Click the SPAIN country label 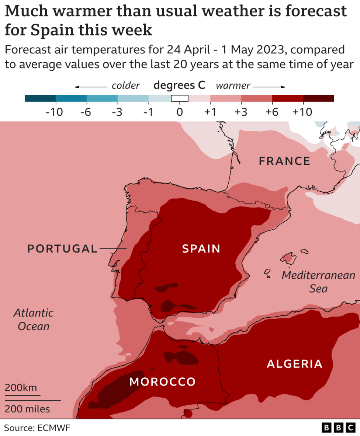point(201,249)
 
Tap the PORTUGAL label point(62,249)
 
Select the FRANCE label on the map point(284,161)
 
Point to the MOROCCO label point(162,382)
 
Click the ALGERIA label point(294,364)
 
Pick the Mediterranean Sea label point(318,281)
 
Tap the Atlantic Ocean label point(34,320)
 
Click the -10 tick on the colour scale point(54,112)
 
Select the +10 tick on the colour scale point(302,112)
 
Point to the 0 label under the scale point(180,112)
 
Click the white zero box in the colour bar point(180,98)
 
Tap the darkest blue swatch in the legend point(40,98)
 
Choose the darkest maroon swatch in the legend point(318,98)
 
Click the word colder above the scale point(126,86)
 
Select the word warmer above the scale point(233,86)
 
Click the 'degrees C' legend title point(179,86)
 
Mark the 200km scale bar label point(21,388)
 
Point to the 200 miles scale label point(27,409)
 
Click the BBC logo point(338,428)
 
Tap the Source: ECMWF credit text point(37,428)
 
